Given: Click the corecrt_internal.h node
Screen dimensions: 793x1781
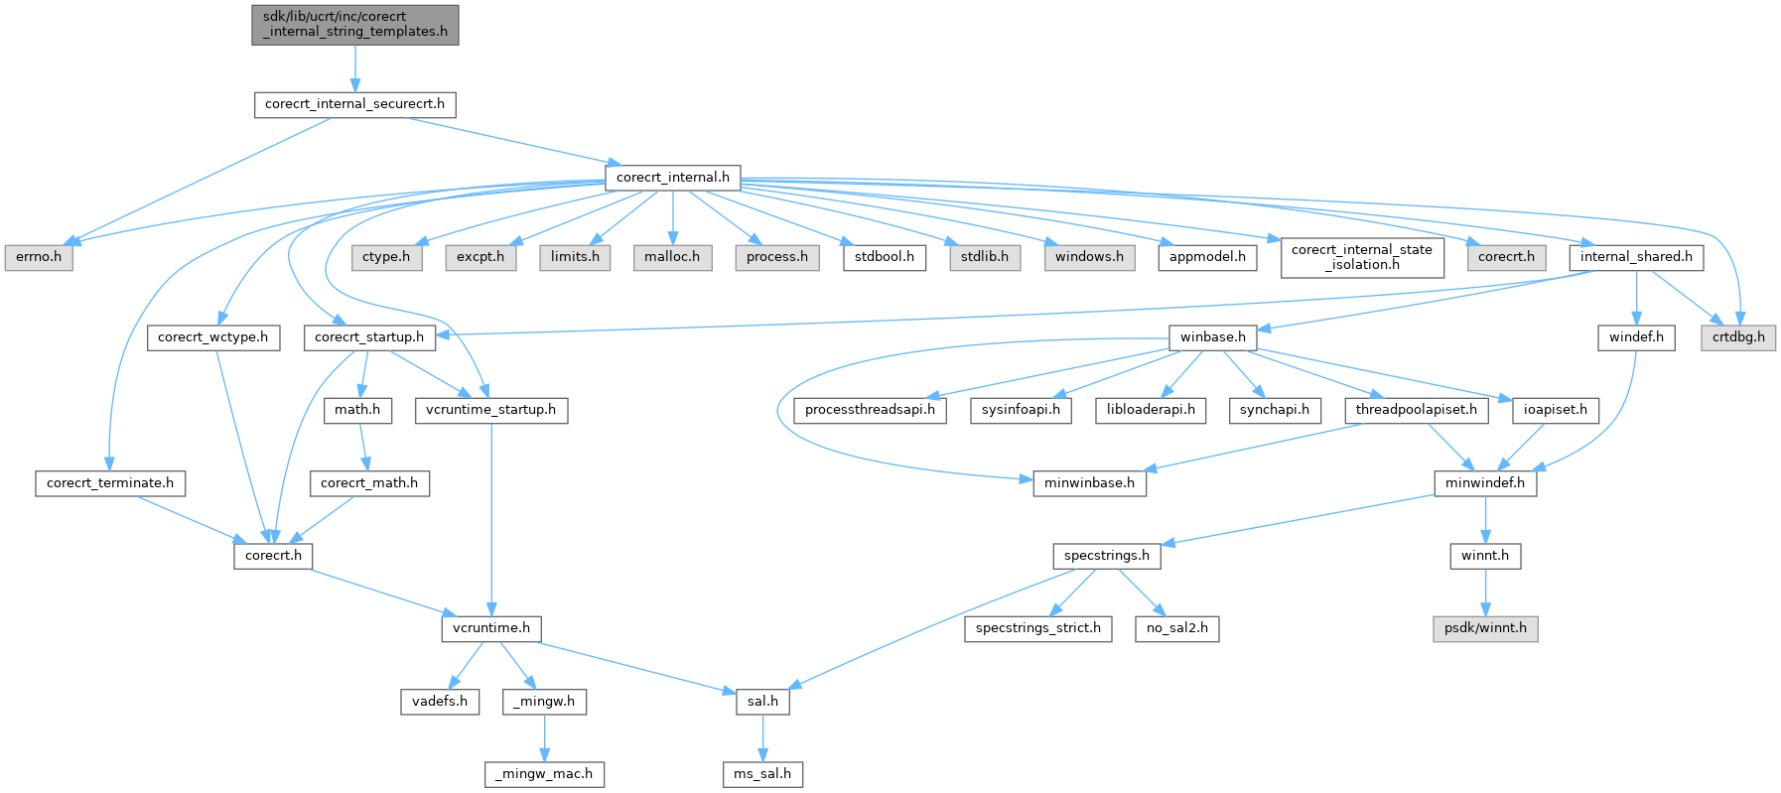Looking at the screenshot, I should point(672,178).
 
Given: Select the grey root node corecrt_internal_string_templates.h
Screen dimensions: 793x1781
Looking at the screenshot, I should point(354,24).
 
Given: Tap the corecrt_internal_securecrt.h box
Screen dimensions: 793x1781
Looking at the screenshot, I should point(354,104).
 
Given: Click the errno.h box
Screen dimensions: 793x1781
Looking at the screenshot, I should point(38,257).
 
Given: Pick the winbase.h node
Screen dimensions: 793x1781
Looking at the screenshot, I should point(1212,337).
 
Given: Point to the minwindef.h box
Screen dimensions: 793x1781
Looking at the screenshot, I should point(1485,483).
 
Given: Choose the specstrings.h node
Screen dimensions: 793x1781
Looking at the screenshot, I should point(1106,556).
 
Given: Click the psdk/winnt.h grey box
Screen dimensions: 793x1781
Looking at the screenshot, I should point(1485,628).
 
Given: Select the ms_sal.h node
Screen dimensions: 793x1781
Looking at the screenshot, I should point(761,774).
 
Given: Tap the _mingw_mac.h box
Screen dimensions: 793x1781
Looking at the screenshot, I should point(544,774).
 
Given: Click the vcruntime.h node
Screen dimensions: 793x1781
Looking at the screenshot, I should point(491,628).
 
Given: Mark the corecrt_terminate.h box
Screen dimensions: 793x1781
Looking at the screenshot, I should point(109,483).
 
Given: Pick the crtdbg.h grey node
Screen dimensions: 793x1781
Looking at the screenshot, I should point(1738,337).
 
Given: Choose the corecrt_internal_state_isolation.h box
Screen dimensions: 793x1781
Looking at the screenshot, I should point(1361,257).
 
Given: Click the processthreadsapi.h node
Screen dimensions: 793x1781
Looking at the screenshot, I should point(870,410).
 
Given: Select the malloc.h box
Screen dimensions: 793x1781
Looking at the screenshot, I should point(672,257).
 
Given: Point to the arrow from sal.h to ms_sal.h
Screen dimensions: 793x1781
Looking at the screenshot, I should point(762,737).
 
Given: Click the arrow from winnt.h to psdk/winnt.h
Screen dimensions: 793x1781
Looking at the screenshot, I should point(1485,592).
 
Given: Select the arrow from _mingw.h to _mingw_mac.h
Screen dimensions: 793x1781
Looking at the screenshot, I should point(544,737).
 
